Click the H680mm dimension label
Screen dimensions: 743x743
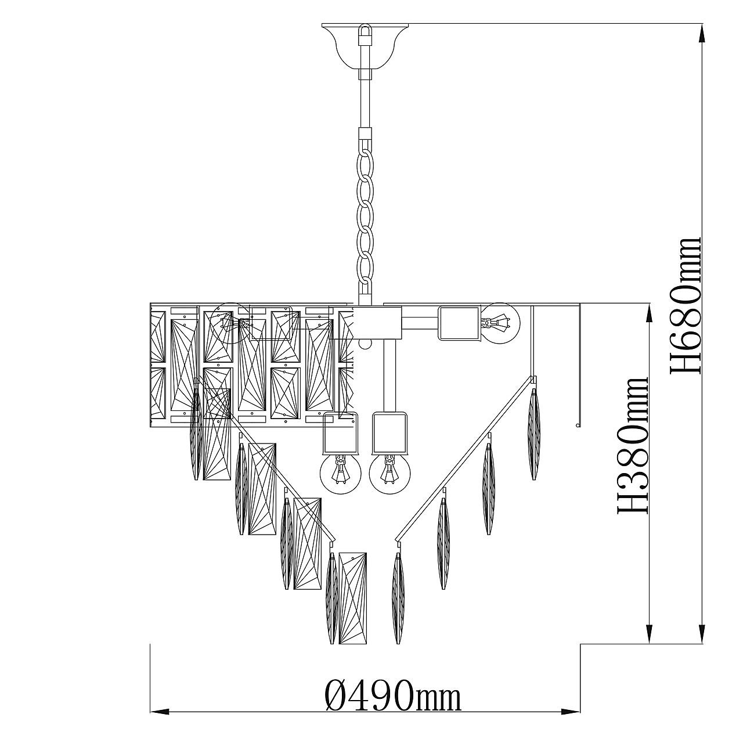coord(685,305)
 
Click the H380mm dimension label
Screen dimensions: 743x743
coord(632,445)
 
